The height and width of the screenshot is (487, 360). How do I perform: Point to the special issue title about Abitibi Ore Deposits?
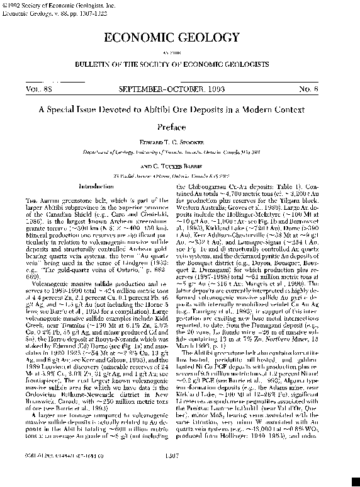(179, 108)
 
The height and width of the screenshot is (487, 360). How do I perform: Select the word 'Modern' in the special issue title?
(280, 108)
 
